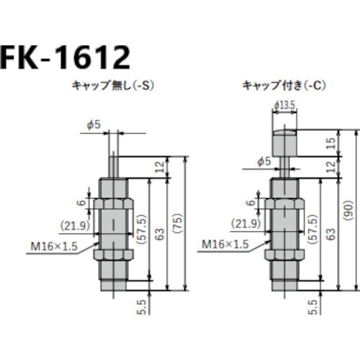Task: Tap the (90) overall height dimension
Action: coord(348,209)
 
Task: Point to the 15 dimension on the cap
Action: coord(331,141)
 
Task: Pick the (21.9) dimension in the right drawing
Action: coord(246,223)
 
